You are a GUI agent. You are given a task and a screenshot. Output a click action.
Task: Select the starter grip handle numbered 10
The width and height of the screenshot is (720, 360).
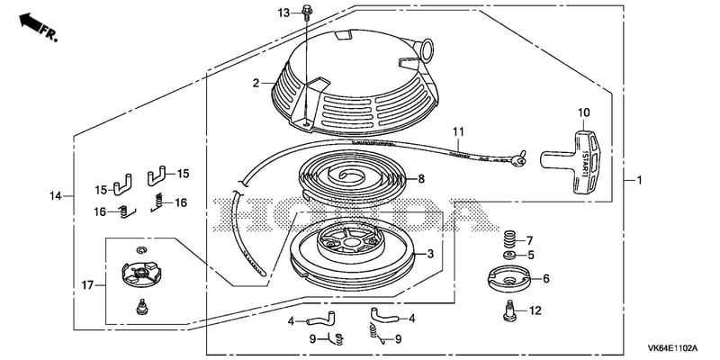(571, 162)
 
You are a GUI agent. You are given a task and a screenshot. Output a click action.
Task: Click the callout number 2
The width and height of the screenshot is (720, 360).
(256, 83)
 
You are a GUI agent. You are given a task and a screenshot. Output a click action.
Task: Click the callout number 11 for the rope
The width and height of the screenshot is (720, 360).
(458, 131)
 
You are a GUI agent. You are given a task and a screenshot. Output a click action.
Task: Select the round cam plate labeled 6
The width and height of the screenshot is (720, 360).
(508, 278)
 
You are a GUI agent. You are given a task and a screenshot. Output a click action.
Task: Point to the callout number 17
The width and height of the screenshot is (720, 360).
(87, 285)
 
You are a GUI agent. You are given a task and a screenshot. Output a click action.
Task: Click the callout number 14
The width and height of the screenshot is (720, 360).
(56, 196)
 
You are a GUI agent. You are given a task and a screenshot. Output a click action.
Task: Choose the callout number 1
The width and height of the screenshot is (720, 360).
(639, 181)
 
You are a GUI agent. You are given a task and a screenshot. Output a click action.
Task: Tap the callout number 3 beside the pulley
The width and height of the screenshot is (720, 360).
(430, 254)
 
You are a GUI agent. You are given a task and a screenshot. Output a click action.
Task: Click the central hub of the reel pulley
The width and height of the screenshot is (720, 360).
(351, 239)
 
